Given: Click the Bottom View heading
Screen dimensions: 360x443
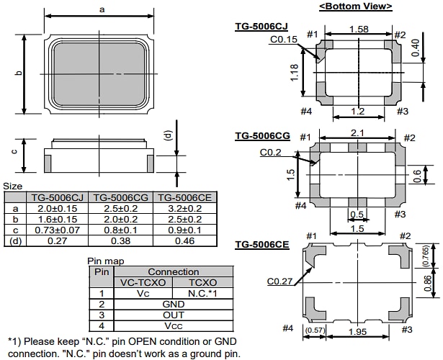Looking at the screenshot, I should point(355,6).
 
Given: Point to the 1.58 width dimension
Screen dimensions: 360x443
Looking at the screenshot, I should point(359,29).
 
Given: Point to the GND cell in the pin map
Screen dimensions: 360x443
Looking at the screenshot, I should point(173,304).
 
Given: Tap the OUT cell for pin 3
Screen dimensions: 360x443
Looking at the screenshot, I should point(173,315).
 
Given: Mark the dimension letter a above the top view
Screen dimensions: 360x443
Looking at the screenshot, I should point(102,9).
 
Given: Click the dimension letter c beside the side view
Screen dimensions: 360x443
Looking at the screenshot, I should point(14,151).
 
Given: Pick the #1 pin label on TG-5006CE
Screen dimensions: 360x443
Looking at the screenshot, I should point(311,236).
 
